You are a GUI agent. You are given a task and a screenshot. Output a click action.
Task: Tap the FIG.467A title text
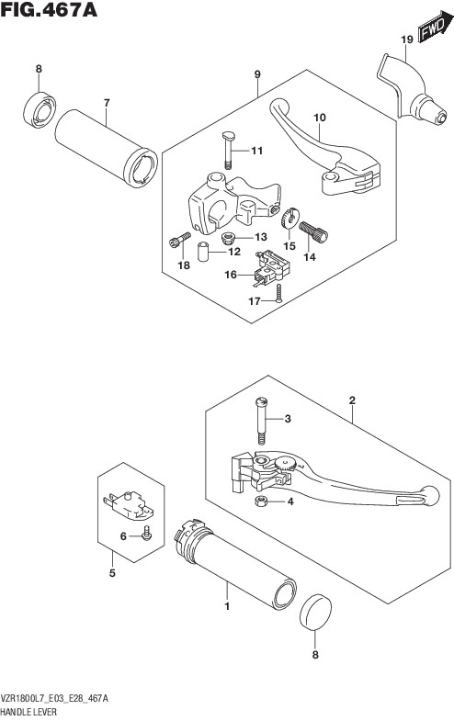[x=49, y=9]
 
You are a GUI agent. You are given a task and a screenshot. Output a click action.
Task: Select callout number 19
[x=406, y=39]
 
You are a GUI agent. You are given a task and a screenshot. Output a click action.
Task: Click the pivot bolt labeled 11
[x=228, y=149]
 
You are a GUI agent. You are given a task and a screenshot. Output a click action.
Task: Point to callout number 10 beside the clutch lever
[x=319, y=118]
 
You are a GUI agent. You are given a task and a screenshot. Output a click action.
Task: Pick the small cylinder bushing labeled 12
[x=203, y=251]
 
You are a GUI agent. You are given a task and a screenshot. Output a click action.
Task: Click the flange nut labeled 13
[x=228, y=238]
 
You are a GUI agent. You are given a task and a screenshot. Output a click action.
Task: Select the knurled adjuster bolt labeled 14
[x=313, y=231]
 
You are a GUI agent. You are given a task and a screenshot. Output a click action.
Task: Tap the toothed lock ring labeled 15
[x=289, y=218]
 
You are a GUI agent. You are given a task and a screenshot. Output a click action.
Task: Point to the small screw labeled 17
[x=278, y=293]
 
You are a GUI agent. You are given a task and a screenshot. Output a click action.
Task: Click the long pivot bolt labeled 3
[x=261, y=421]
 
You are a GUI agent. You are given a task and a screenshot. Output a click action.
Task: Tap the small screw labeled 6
[x=146, y=535]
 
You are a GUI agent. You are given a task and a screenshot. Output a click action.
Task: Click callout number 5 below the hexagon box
[x=112, y=573]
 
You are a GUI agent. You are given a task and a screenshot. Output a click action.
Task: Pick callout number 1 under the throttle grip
[x=227, y=606]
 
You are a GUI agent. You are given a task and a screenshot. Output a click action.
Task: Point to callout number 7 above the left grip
[x=107, y=103]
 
